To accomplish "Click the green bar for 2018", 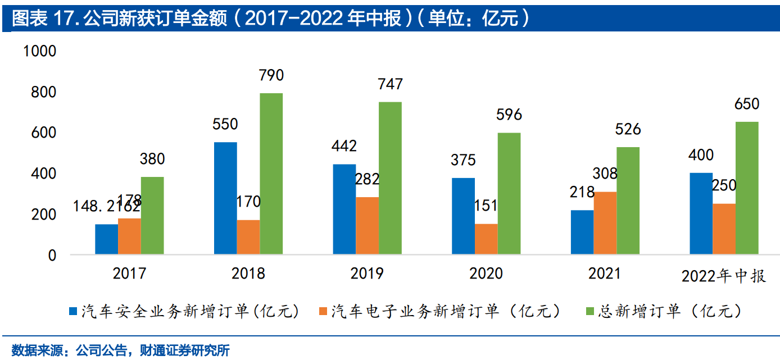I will coord(271,174).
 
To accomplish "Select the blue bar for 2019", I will coord(344,209).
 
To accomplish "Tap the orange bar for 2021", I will coord(605,223).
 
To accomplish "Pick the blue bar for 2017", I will coord(106,239).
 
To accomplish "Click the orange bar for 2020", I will coord(486,239).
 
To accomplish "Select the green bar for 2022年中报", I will coord(747,188).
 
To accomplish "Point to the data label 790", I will coord(271,75).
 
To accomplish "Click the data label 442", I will coord(344,147).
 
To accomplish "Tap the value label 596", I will coord(509,115).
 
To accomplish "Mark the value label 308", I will coord(605,174).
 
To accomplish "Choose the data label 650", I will coord(747,104).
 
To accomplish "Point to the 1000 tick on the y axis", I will coord(40,51).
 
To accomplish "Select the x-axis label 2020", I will coord(486,274).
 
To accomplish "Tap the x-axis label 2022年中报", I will coord(723,276).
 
